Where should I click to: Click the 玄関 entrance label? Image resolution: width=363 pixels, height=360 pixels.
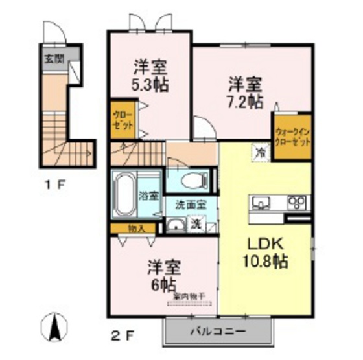[54, 57]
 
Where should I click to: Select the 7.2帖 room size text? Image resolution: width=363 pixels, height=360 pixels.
[245, 101]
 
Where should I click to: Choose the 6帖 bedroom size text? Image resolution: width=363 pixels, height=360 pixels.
[162, 284]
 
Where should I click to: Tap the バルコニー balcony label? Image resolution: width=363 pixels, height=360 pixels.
[218, 332]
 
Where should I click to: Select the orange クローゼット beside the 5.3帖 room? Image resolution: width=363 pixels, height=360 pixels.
[123, 119]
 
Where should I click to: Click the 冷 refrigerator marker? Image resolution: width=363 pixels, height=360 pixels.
[260, 153]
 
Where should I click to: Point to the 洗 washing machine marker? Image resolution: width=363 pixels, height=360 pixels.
[195, 224]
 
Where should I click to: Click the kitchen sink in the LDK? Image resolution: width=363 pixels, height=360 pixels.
[261, 203]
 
